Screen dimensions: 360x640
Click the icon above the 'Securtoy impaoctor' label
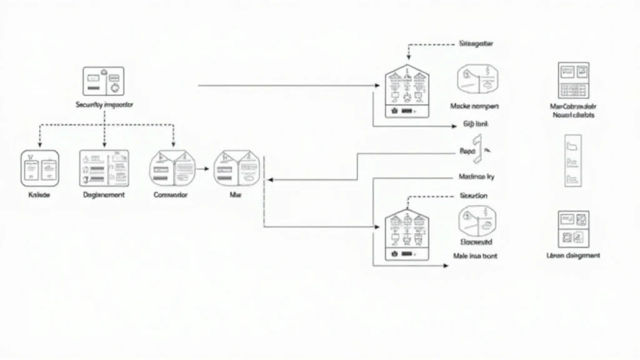click(104, 81)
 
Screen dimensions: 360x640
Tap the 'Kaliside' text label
click(39, 195)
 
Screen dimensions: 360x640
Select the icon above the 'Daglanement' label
click(104, 167)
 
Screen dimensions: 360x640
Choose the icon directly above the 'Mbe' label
click(236, 167)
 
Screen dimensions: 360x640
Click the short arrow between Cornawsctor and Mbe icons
click(201, 168)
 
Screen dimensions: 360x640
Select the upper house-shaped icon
click(407, 93)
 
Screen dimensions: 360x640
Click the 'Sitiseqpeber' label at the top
click(476, 44)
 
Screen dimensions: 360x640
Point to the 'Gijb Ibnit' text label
click(476, 124)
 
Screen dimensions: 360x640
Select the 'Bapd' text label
click(468, 151)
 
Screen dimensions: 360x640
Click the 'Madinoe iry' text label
click(477, 177)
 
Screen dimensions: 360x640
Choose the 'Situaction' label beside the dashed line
click(474, 196)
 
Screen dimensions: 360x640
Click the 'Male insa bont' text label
click(475, 256)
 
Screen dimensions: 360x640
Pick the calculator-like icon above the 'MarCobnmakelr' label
click(574, 80)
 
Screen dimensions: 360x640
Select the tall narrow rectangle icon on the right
click(573, 161)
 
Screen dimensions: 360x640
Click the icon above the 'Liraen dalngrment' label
click(573, 227)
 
